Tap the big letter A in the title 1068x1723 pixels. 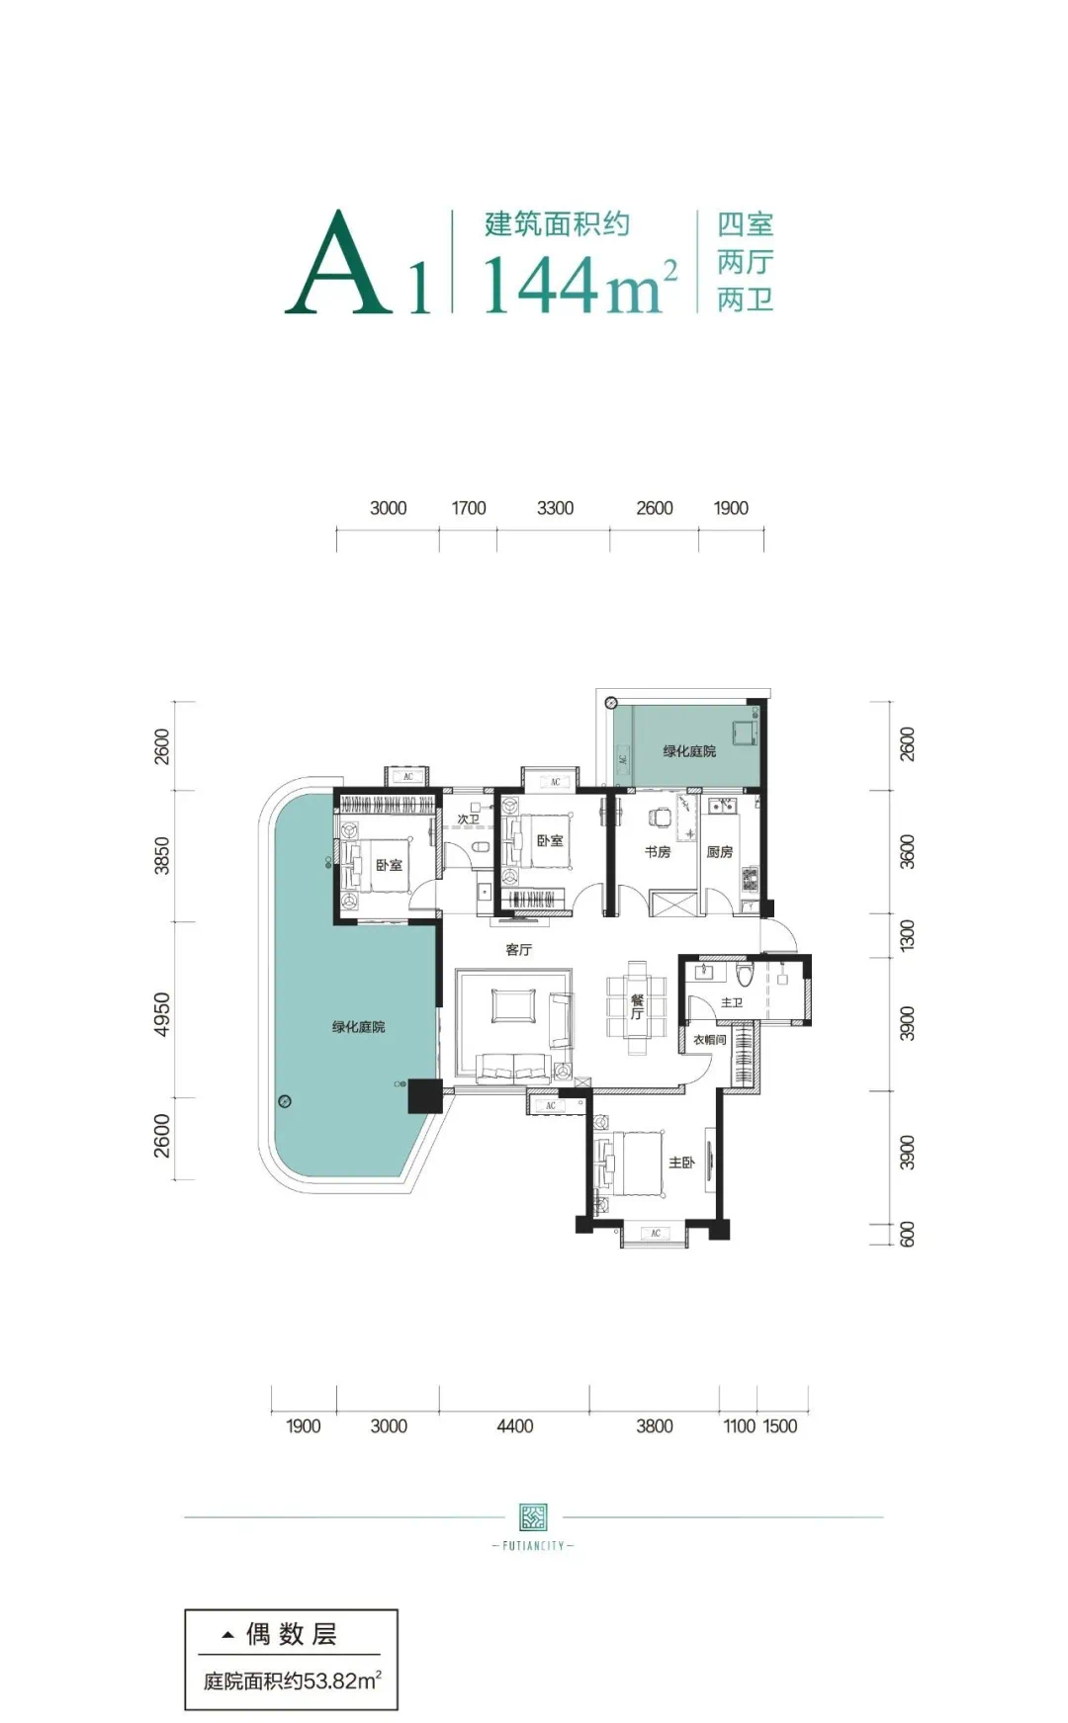point(338,263)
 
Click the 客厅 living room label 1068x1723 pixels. point(519,950)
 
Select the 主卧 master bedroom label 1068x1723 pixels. point(681,1163)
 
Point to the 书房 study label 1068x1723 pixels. point(658,851)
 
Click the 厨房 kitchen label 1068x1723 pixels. point(720,851)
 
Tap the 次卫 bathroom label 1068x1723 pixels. point(468,819)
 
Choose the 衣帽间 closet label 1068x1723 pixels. point(710,1040)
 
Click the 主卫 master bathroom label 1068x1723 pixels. point(732,1002)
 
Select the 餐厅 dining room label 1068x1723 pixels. point(637,1007)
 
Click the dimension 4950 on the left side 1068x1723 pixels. point(162,1014)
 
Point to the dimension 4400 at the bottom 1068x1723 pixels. point(514,1425)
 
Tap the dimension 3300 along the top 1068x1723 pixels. point(555,508)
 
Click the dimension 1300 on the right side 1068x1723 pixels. point(907,935)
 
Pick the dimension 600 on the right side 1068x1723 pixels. point(907,1234)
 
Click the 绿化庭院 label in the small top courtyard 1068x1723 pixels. point(689,751)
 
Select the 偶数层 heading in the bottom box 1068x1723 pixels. point(292,1634)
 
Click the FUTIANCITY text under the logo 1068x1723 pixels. point(533,1546)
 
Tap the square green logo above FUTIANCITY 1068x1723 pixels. point(533,1516)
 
